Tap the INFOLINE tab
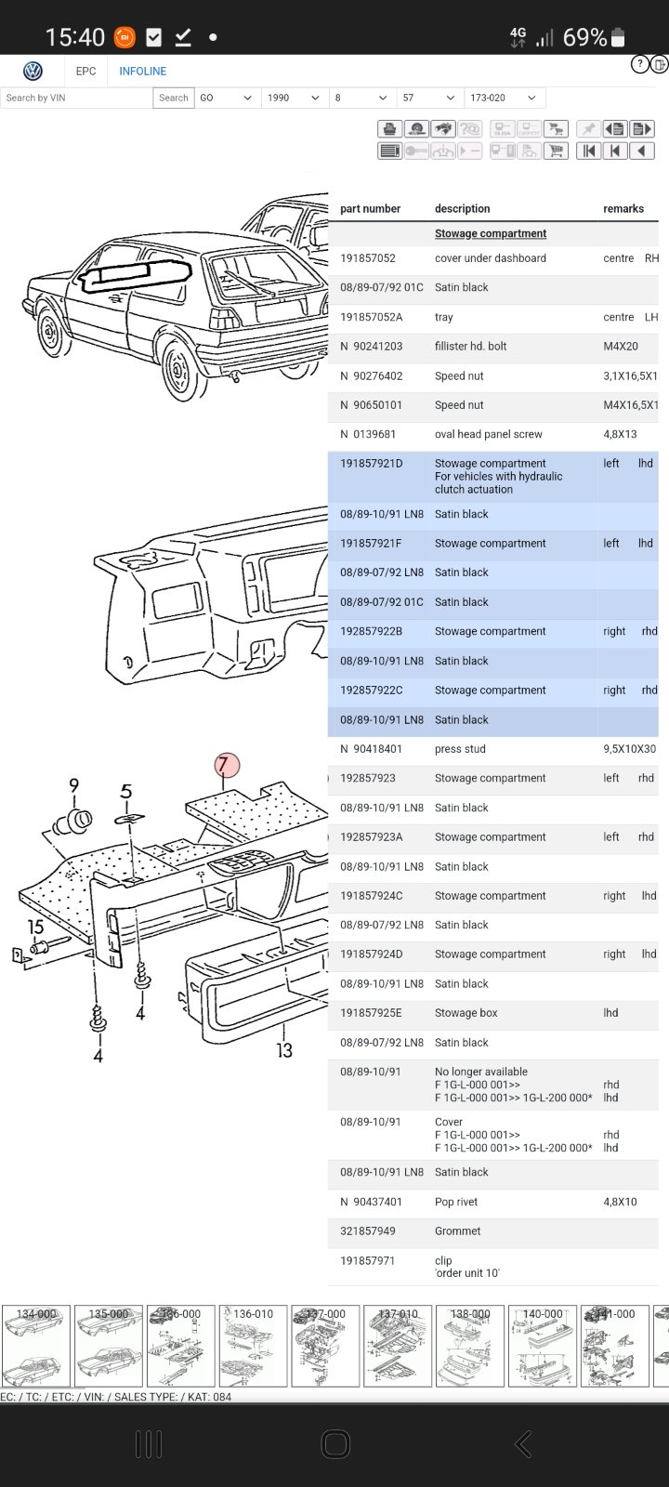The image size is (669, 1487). [x=143, y=71]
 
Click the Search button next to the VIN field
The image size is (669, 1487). [x=173, y=98]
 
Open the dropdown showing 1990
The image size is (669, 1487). [x=294, y=98]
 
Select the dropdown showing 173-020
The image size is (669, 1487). [x=504, y=98]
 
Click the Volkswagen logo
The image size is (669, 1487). [x=33, y=71]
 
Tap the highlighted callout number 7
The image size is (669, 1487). [x=227, y=765]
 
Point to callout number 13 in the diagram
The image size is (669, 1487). [x=284, y=1050]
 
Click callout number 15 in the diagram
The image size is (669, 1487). [x=35, y=927]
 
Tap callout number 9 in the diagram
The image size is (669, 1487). [x=73, y=785]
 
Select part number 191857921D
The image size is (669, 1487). [x=371, y=464]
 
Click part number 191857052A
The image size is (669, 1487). [x=371, y=317]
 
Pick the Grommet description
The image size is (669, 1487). [x=457, y=1230]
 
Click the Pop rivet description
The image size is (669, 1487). [x=456, y=1202]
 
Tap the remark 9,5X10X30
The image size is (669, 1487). [x=629, y=749]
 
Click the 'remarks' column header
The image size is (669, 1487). [x=623, y=208]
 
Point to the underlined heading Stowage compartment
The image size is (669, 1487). [x=491, y=233]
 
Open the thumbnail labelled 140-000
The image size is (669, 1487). [x=543, y=1346]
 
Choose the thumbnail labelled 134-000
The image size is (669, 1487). [x=36, y=1346]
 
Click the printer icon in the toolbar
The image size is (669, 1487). [x=389, y=129]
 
